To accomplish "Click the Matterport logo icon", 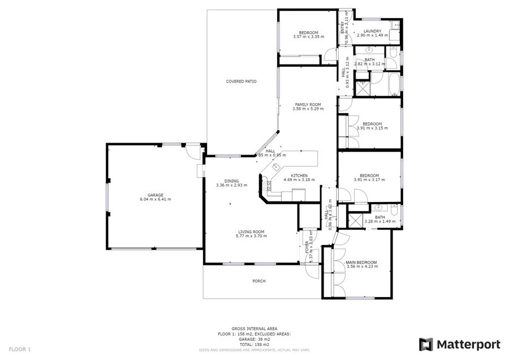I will click(426, 344).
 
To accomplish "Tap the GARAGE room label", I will click(155, 195).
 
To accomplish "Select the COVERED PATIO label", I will click(241, 82).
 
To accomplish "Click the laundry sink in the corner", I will click(396, 26).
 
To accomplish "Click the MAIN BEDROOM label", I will click(361, 263).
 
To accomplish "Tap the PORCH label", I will click(258, 281).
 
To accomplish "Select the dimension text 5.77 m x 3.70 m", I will click(251, 236).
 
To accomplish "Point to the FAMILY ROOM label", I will click(308, 105).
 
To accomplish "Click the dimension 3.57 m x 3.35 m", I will click(308, 37).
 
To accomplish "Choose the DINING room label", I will click(231, 181).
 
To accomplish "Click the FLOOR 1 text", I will click(20, 349).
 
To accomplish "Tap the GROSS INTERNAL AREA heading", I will click(254, 328).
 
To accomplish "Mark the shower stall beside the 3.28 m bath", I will click(355, 220).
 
